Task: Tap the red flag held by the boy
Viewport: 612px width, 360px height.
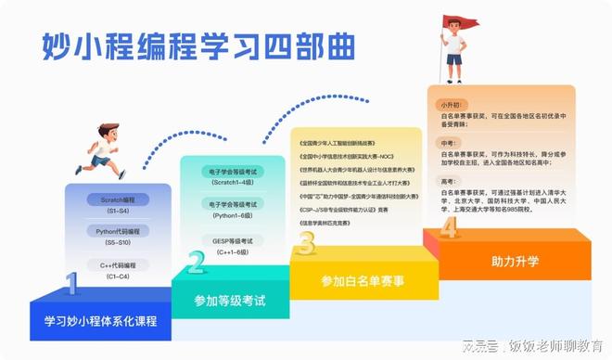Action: tap(460, 21)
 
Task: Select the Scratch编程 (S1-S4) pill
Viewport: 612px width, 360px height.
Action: tap(118, 203)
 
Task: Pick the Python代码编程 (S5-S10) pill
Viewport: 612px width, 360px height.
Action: tap(118, 235)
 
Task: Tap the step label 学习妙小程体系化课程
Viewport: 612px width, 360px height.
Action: tap(100, 321)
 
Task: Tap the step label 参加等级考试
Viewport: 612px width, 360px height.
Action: tap(230, 301)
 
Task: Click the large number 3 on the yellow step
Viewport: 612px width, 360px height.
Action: tap(306, 243)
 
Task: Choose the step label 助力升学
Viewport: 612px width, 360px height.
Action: tap(514, 261)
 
